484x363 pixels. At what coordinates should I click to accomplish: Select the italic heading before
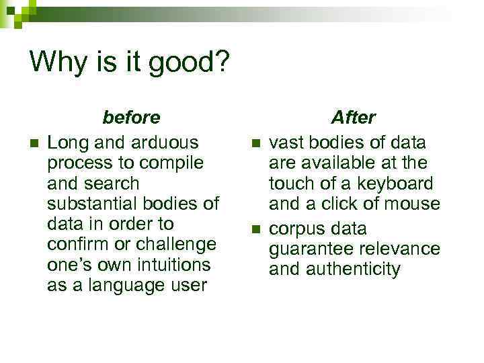coord(131,118)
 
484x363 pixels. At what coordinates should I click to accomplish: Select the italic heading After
coord(354,118)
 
